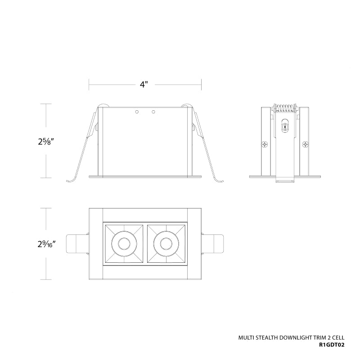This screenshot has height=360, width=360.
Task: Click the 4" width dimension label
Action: click(x=144, y=85)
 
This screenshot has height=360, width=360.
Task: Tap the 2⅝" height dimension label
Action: click(x=46, y=141)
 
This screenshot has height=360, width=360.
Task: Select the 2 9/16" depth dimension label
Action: click(x=47, y=244)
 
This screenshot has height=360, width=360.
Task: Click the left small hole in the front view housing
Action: click(x=137, y=112)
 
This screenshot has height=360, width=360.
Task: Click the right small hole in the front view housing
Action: click(x=153, y=112)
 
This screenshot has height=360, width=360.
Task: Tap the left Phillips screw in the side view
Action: click(x=265, y=144)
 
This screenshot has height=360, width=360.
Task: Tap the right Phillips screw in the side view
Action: click(x=306, y=144)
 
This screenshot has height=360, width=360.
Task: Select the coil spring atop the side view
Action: click(x=285, y=108)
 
